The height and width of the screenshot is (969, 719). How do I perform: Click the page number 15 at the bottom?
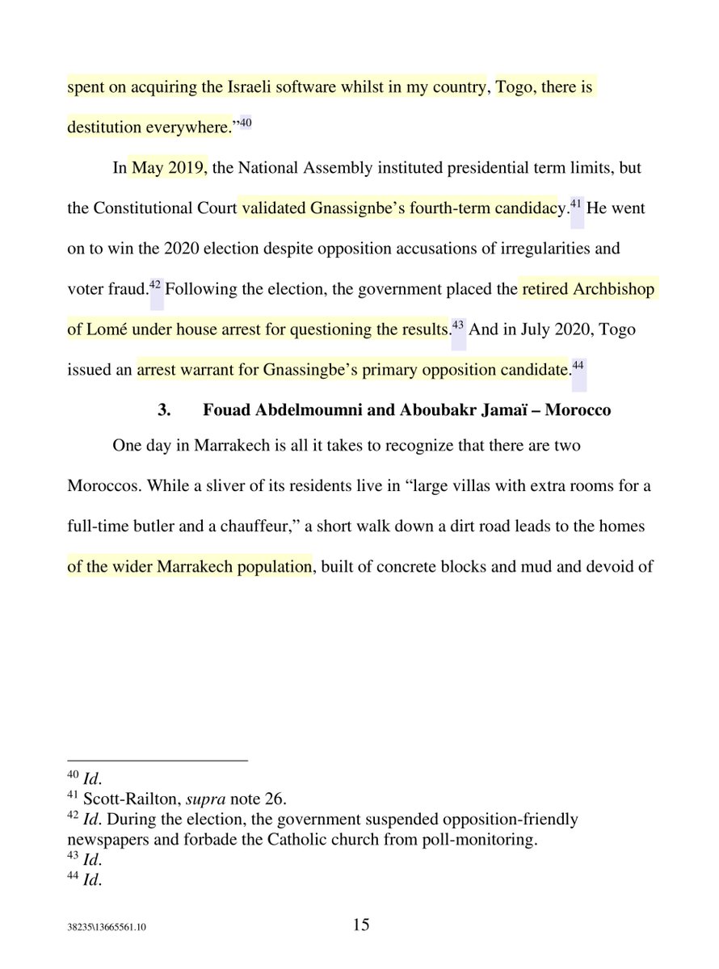(361, 925)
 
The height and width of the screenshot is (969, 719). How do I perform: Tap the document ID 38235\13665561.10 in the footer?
(107, 929)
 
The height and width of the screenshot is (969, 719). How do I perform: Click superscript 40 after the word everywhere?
(246, 122)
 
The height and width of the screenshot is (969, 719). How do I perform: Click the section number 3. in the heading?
(165, 410)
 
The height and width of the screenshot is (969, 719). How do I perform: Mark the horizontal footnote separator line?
(157, 761)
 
